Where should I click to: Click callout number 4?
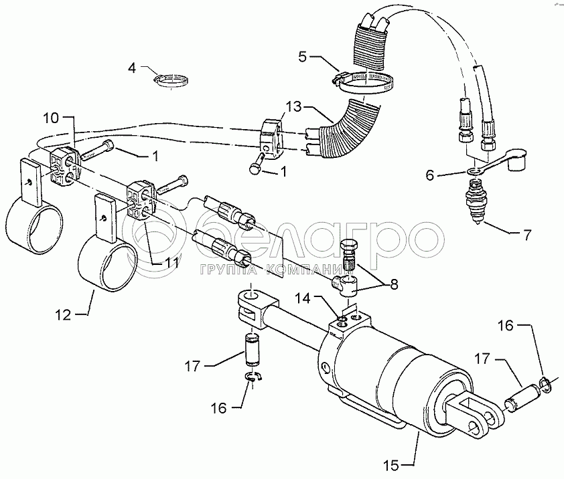(x=133, y=68)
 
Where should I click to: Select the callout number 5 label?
(x=302, y=56)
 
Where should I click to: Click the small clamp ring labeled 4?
(x=170, y=80)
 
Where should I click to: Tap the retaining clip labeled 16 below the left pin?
(x=253, y=379)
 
